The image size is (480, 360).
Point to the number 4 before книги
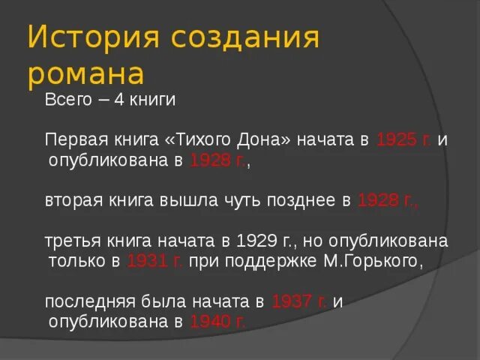(118, 100)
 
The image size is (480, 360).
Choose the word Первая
(73, 140)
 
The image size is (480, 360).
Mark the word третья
(70, 241)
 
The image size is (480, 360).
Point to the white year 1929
(256, 241)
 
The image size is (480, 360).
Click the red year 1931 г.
(155, 261)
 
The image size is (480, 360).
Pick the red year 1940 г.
(217, 322)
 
